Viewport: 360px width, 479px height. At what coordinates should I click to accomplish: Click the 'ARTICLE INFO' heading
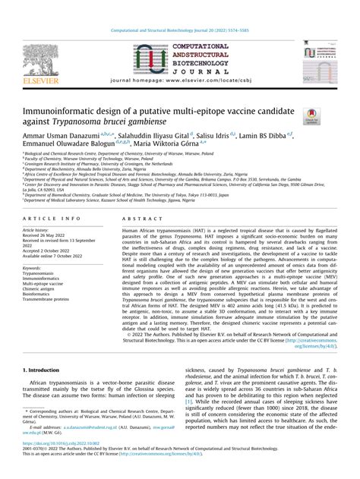tap(46, 216)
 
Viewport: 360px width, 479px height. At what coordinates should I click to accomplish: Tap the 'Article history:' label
tap(39, 228)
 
